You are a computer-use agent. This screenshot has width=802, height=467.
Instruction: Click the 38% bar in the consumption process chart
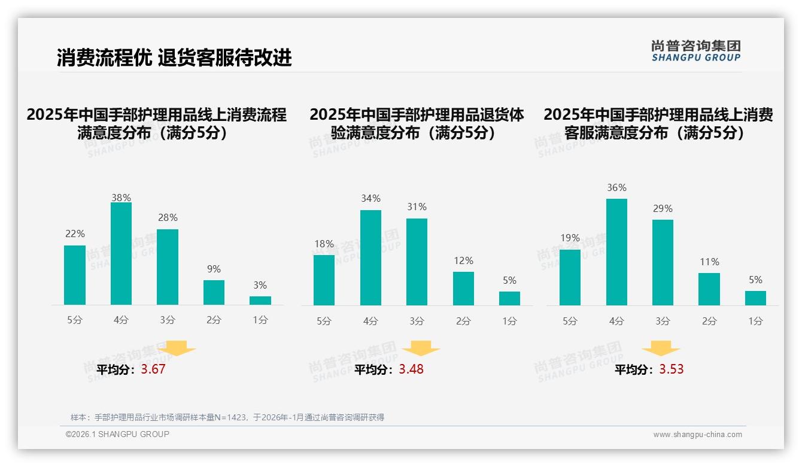[x=121, y=254]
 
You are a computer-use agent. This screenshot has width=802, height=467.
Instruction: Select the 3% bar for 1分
[x=260, y=301]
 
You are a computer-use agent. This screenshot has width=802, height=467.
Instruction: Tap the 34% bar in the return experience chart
[x=370, y=257]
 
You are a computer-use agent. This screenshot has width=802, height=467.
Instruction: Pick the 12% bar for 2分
[x=463, y=289]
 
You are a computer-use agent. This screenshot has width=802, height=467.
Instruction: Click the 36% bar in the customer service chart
[x=616, y=252]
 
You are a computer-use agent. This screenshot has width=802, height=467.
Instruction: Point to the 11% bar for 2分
[x=709, y=289]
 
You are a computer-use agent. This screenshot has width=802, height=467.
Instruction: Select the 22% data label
[x=75, y=234]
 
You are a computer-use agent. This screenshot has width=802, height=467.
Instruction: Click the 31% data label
[x=417, y=207]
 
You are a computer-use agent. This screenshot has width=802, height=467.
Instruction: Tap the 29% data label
[x=663, y=209]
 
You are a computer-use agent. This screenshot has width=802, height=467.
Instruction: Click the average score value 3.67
[x=153, y=369]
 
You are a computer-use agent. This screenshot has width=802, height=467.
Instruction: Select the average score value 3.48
[x=411, y=369]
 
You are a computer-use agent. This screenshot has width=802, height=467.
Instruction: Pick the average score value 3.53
[x=671, y=369]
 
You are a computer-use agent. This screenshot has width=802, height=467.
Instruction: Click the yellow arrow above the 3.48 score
[x=421, y=348]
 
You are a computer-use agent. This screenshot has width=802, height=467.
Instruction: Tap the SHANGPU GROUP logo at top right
[x=695, y=51]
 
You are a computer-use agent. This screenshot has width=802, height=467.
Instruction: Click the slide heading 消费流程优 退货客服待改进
[x=174, y=57]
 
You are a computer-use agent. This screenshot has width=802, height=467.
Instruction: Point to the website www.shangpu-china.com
[x=697, y=435]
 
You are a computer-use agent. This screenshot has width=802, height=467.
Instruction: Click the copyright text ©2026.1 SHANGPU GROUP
[x=117, y=434]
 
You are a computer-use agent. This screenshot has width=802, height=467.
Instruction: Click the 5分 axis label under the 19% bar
[x=570, y=322]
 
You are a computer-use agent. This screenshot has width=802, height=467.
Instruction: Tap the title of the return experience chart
[x=417, y=123]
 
